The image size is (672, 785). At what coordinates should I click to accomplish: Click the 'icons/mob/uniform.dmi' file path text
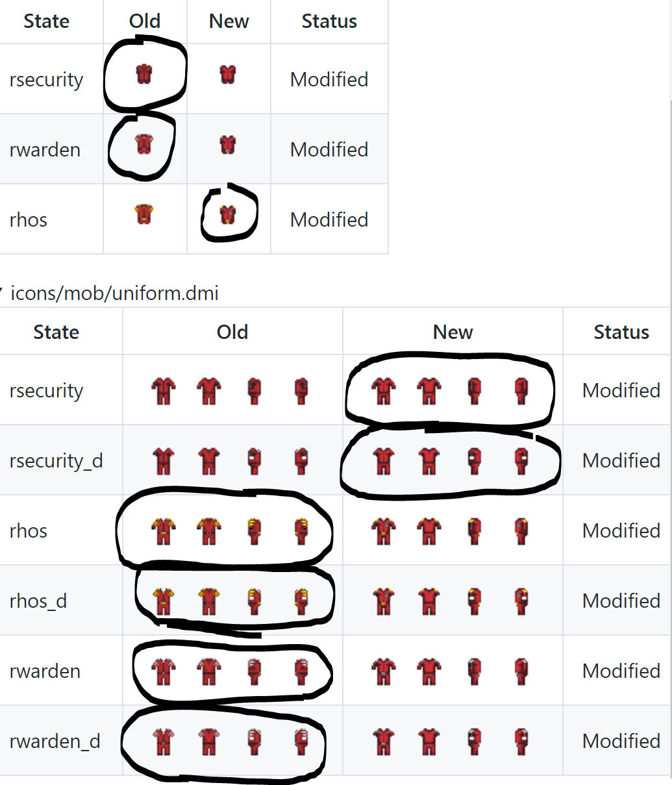(x=114, y=293)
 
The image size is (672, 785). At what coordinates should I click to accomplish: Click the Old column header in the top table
(x=145, y=21)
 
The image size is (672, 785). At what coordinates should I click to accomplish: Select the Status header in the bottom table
(x=621, y=332)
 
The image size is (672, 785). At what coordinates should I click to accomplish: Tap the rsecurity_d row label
(x=56, y=461)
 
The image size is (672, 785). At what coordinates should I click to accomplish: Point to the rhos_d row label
(x=38, y=601)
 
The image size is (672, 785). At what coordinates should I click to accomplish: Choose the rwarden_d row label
(x=55, y=741)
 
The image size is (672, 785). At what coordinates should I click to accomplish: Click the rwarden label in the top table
(x=45, y=150)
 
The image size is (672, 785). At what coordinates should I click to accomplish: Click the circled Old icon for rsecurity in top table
(x=144, y=74)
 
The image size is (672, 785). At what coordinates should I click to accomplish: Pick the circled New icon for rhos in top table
(x=228, y=214)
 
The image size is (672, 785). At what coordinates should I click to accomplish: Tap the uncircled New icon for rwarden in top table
(x=228, y=144)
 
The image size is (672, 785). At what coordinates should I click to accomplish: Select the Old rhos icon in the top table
(x=144, y=214)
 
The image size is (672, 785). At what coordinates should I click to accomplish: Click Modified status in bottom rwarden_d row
(x=621, y=741)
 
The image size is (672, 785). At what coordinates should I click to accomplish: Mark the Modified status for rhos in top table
(x=329, y=220)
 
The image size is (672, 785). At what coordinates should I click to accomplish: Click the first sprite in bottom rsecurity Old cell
(x=163, y=391)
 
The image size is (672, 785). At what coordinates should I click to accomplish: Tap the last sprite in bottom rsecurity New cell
(x=521, y=391)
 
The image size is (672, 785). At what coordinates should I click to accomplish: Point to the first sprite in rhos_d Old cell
(x=163, y=601)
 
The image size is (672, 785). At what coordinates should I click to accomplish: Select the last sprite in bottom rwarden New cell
(x=521, y=671)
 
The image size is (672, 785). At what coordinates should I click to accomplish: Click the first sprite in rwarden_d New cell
(x=384, y=741)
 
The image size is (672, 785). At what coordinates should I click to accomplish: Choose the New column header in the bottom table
(x=453, y=332)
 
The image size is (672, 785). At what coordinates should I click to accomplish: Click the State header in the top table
(x=46, y=21)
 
